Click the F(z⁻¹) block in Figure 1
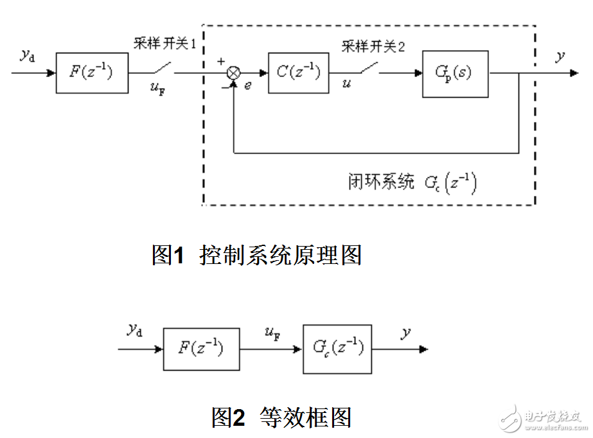click(x=92, y=73)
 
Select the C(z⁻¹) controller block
click(x=298, y=73)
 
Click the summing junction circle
click(x=234, y=73)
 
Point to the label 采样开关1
click(x=163, y=44)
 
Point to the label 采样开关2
click(x=373, y=46)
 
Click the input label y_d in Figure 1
click(x=28, y=55)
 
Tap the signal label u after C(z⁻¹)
click(x=347, y=84)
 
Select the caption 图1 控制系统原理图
click(x=257, y=255)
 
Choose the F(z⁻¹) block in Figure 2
click(x=201, y=349)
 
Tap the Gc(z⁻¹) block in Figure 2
click(x=338, y=349)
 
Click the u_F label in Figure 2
click(x=271, y=333)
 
